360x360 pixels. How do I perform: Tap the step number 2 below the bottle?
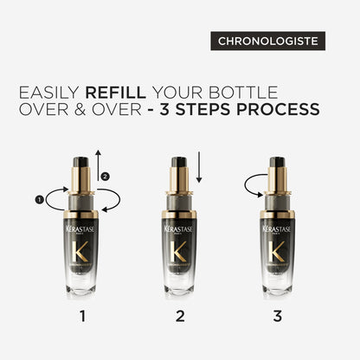(180, 316)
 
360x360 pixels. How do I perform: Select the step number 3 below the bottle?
(278, 316)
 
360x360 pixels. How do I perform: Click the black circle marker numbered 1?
(39, 198)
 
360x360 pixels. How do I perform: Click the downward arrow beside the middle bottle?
(198, 169)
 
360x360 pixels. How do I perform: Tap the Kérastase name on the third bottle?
(278, 231)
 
